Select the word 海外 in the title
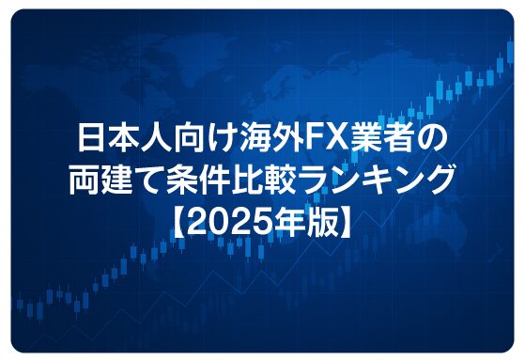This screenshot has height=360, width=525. coord(255,141)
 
